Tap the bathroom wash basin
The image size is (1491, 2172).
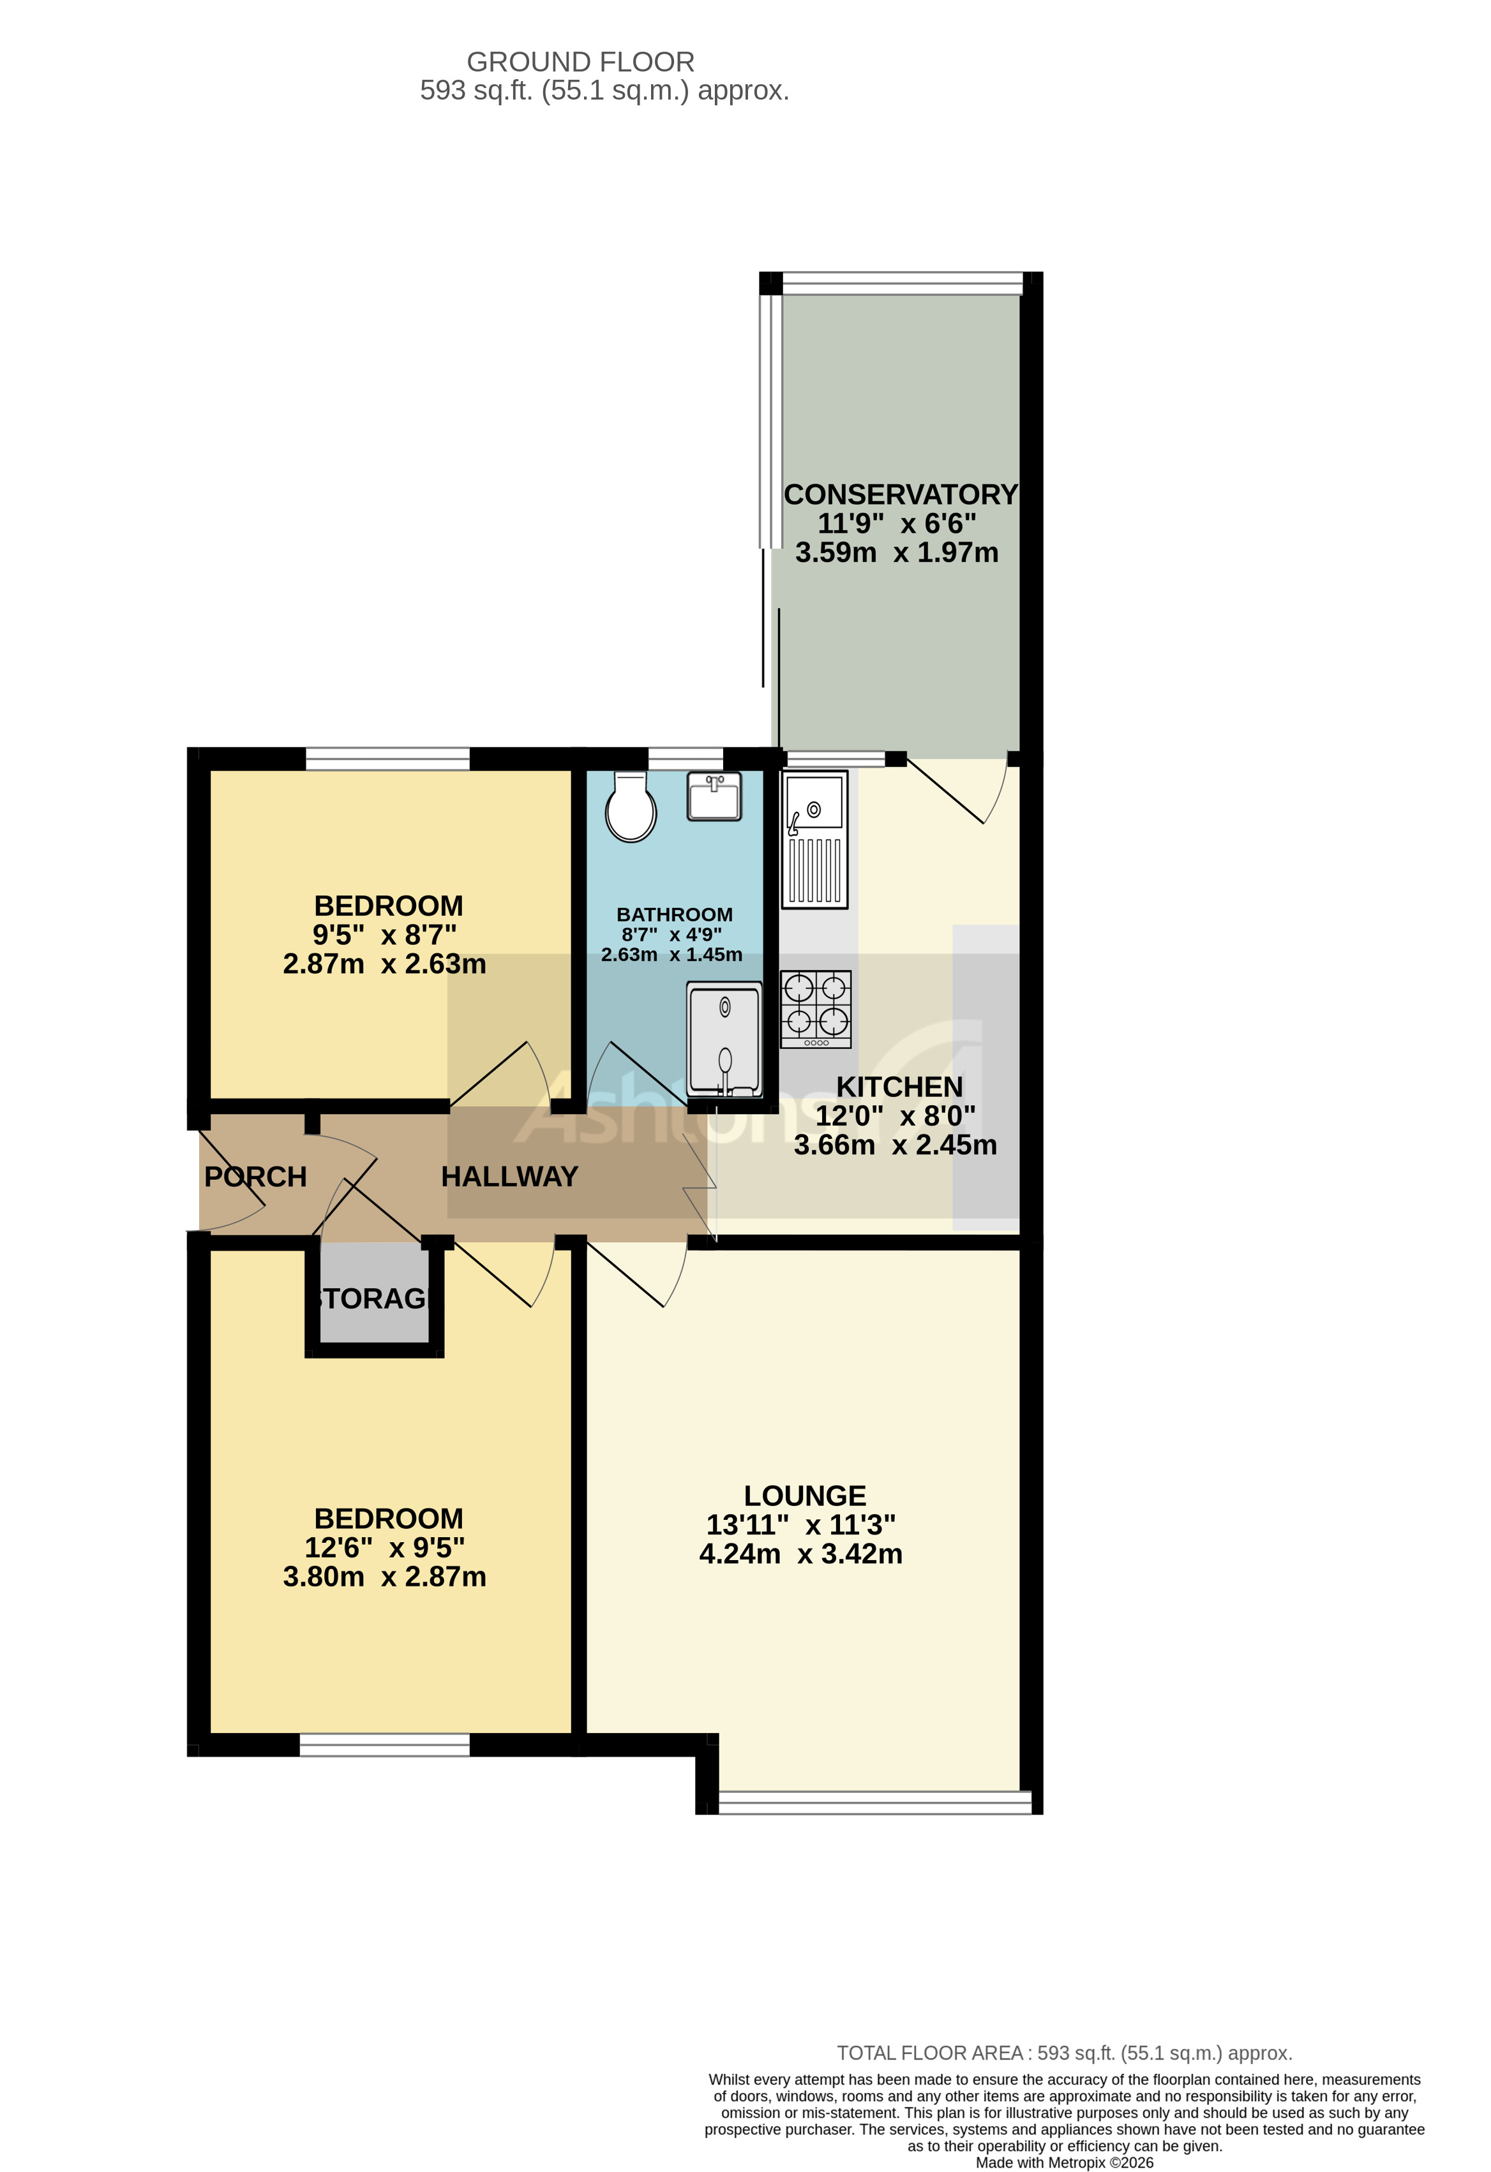714,796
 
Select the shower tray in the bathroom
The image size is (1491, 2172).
724,1038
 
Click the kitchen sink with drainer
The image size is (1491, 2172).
815,838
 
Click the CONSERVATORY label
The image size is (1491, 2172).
900,495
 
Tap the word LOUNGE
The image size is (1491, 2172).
805,1496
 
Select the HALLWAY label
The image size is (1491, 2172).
509,1176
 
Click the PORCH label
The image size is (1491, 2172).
255,1177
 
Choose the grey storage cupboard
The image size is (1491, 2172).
374,1297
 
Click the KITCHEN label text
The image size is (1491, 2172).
899,1087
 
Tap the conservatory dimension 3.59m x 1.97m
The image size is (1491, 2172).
897,553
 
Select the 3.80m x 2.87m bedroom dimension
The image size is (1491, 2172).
384,1577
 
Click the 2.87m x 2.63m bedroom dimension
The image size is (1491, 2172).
384,963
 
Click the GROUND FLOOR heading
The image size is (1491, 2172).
581,62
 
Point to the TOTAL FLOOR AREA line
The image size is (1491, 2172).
1064,2053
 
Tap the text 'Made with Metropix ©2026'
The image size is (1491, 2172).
1064,2162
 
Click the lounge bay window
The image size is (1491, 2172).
875,1803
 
